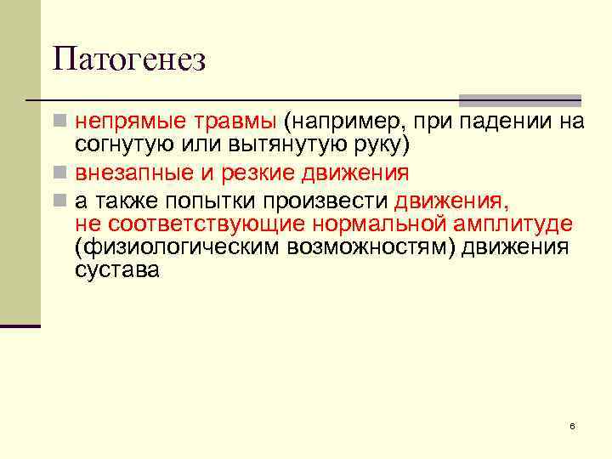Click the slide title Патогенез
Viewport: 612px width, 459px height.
128,60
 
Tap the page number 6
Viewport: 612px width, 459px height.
572,425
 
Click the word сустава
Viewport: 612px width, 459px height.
116,272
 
